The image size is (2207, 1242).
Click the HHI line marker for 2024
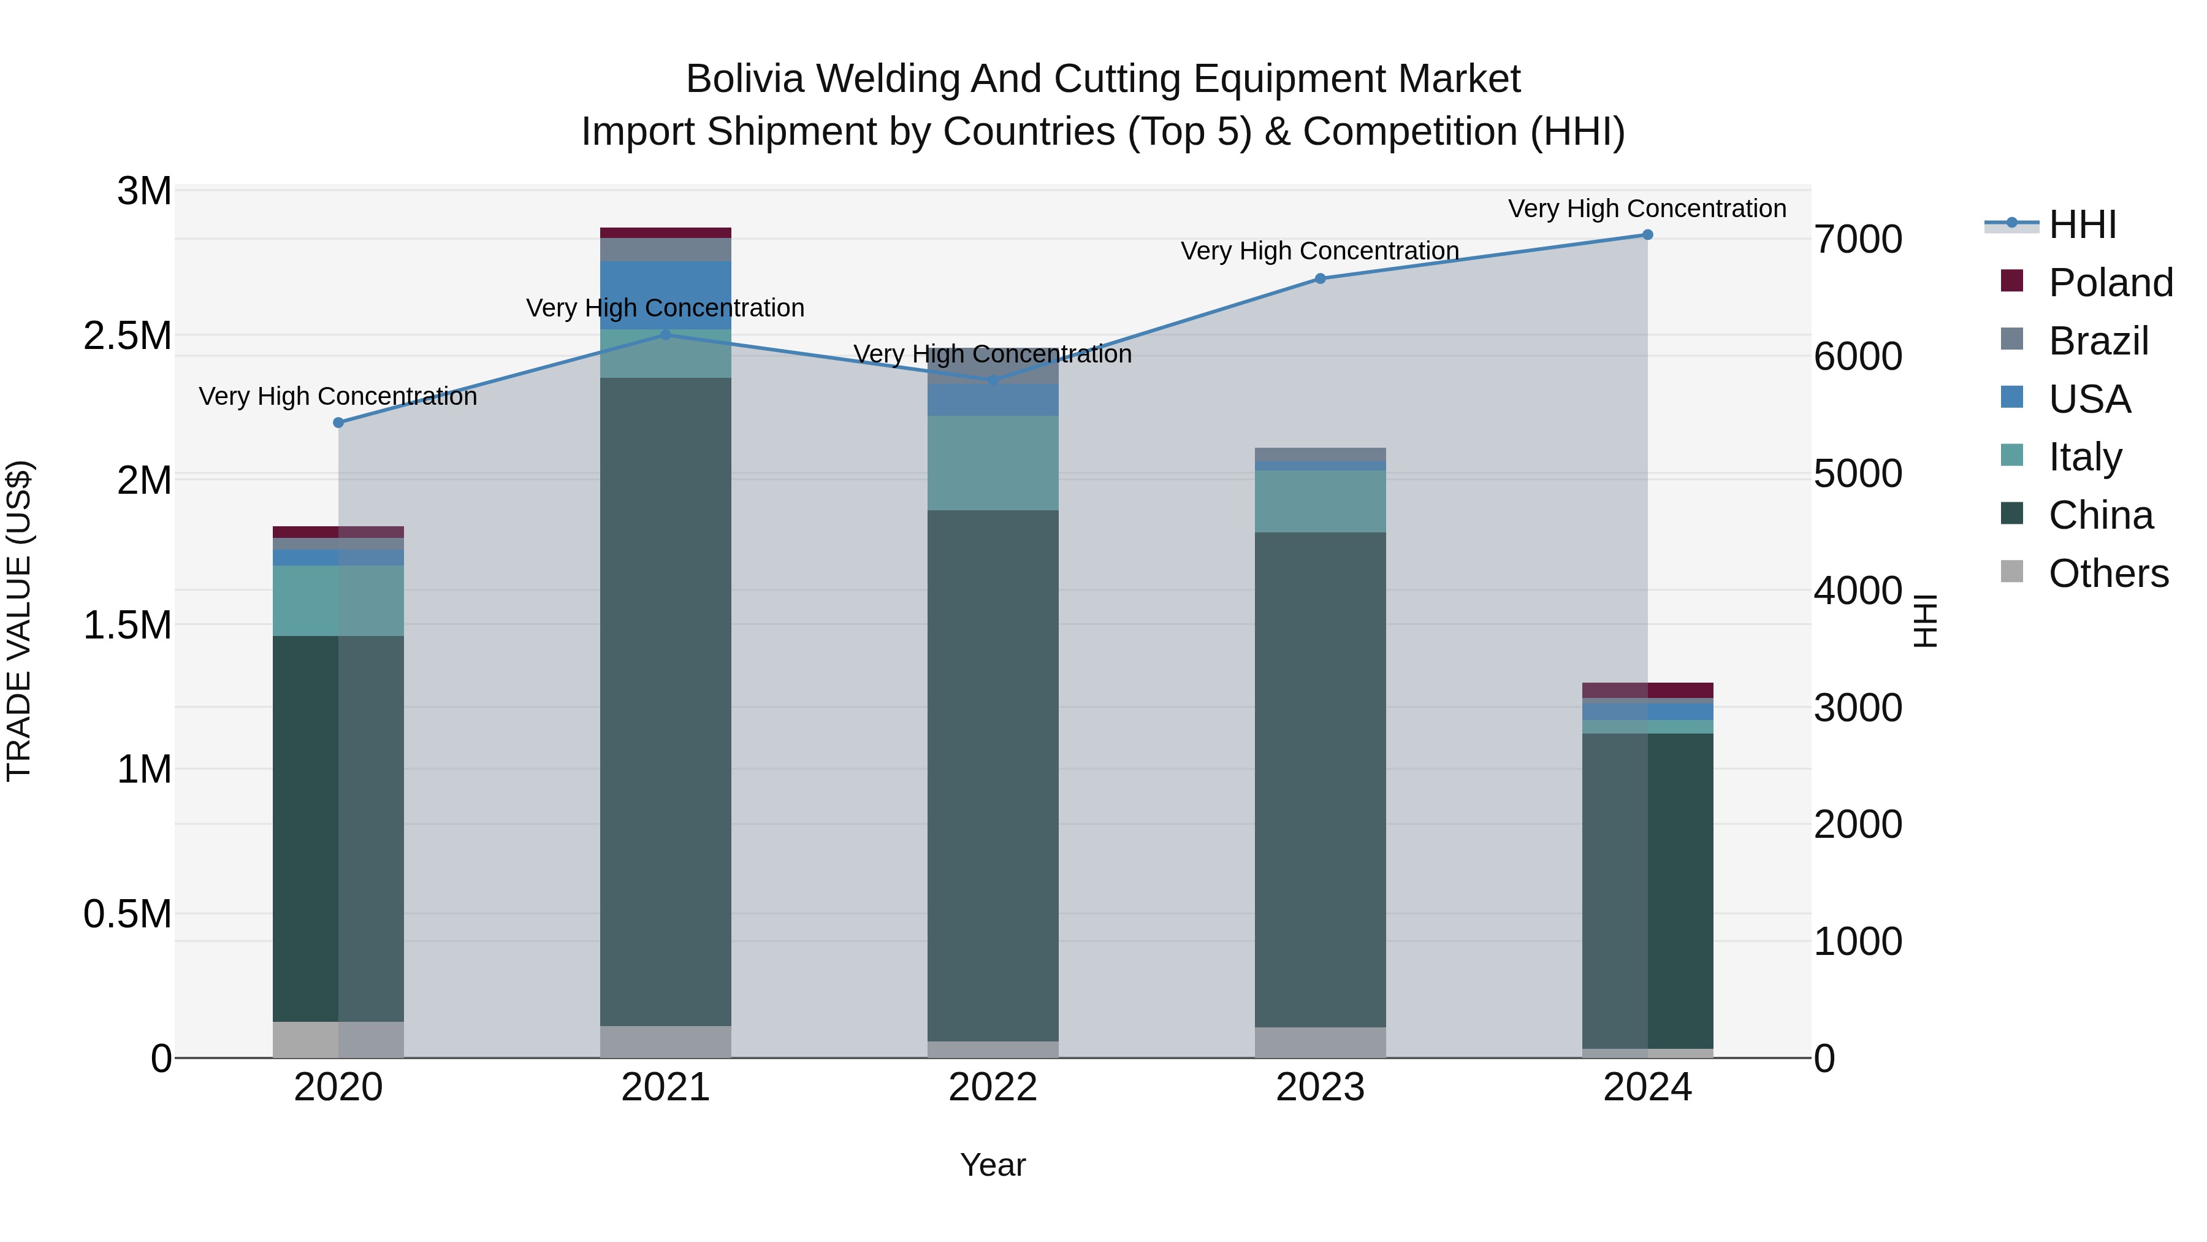pyautogui.click(x=1647, y=235)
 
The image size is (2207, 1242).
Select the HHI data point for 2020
pyautogui.click(x=338, y=423)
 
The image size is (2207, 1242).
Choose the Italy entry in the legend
pyautogui.click(x=2084, y=457)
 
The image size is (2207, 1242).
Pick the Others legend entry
pyautogui.click(x=2108, y=573)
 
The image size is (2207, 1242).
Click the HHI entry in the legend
pyautogui.click(x=2082, y=224)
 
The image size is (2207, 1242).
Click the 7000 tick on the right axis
pyautogui.click(x=1858, y=239)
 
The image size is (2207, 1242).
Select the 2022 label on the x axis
pyautogui.click(x=993, y=1087)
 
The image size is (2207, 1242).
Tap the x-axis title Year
pyautogui.click(x=993, y=1165)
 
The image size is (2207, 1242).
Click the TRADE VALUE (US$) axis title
pyautogui.click(x=19, y=621)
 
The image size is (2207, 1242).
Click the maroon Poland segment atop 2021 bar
pyautogui.click(x=666, y=232)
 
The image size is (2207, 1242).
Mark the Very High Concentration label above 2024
pyautogui.click(x=1647, y=209)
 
